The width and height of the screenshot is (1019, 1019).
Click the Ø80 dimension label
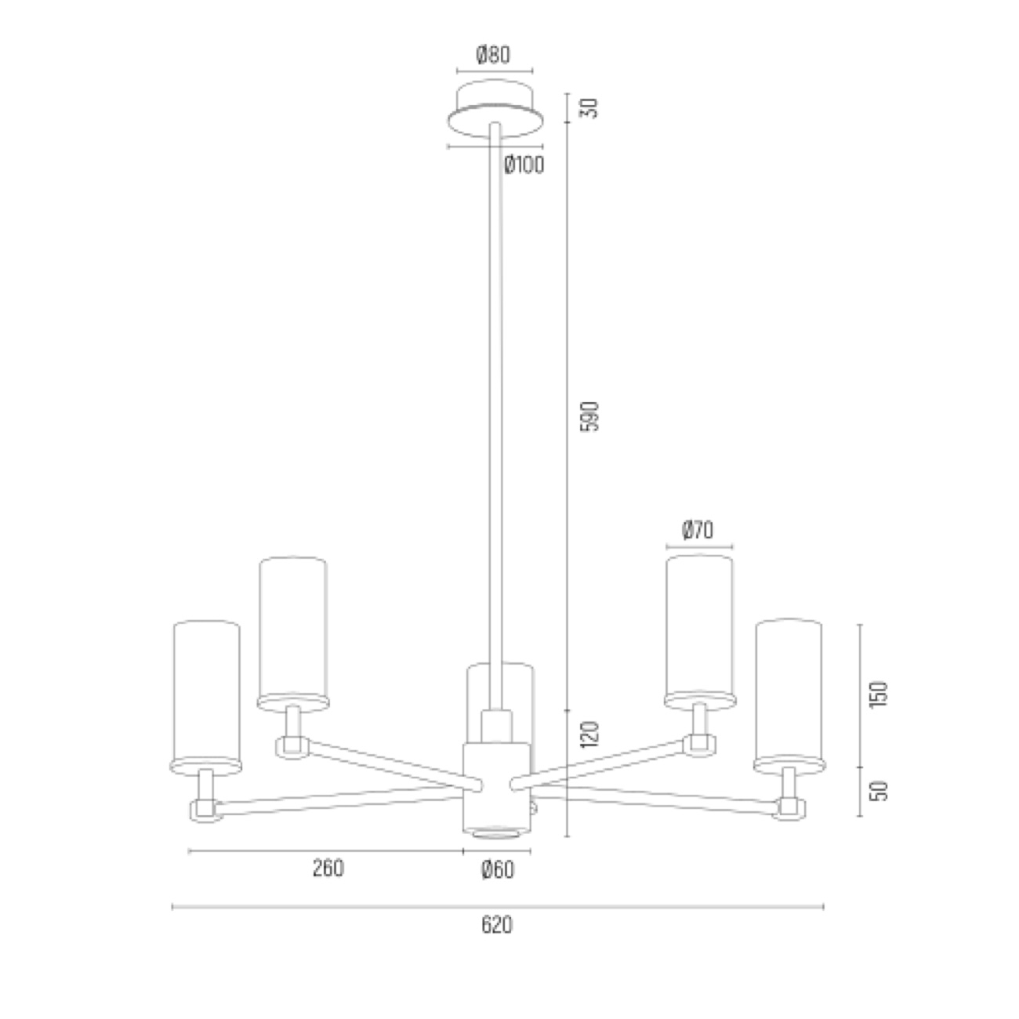493,55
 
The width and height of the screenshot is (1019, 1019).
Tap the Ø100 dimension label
524,165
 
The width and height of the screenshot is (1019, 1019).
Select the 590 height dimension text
589,417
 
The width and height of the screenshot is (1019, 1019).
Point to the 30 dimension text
589,108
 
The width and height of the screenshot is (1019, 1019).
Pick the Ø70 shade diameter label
698,530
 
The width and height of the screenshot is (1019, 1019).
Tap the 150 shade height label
879,694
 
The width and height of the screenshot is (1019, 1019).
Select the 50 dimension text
879,791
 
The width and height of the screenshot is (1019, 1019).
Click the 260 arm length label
328,869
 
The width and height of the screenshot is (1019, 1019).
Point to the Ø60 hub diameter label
497,870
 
